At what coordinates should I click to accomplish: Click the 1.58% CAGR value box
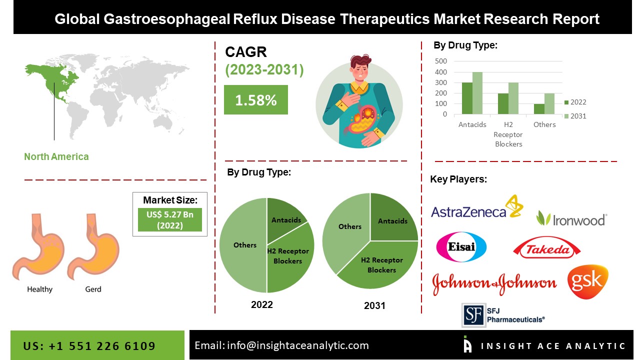click(x=255, y=100)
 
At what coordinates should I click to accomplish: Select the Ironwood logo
click(x=571, y=218)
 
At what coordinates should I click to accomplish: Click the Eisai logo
click(x=461, y=247)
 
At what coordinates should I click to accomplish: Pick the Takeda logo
click(x=546, y=248)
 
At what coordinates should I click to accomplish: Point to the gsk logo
click(x=587, y=282)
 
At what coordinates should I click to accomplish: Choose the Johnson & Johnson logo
click(x=494, y=283)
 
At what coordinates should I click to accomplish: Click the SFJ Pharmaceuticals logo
click(x=502, y=314)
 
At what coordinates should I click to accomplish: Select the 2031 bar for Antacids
click(x=477, y=93)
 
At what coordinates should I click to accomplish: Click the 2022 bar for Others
click(x=539, y=109)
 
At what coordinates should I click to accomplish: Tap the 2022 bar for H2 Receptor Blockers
click(x=503, y=104)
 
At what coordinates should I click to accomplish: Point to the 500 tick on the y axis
click(x=441, y=61)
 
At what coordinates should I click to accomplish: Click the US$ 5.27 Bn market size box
click(x=170, y=219)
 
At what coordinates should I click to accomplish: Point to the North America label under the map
click(x=56, y=156)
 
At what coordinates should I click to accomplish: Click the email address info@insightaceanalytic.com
click(x=281, y=345)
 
